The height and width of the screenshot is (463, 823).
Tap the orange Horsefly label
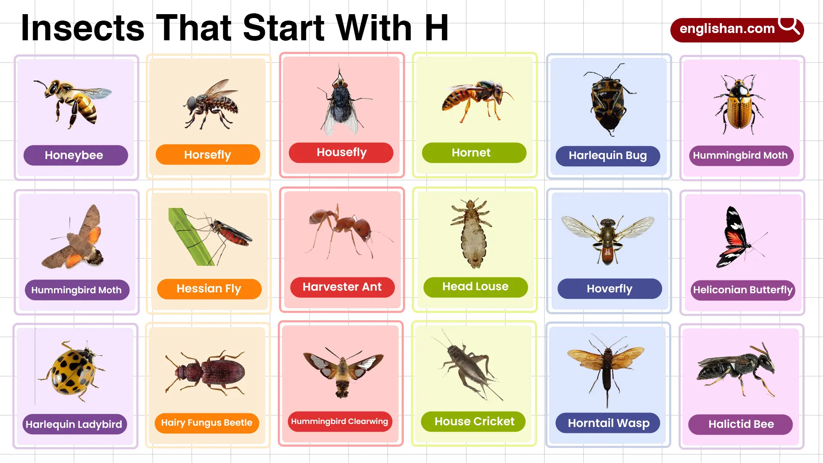coord(208,155)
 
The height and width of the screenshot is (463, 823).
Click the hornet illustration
coord(477,100)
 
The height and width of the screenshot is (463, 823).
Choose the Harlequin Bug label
coord(608,156)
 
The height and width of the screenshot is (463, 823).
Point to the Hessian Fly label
coord(209,289)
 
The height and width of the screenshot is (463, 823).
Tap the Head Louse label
coord(475,287)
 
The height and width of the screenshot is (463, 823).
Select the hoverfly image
coord(608,239)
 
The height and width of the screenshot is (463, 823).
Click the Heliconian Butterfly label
coord(743,290)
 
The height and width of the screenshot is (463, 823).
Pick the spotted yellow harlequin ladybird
coord(72,372)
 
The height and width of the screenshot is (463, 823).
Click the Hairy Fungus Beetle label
coord(207,423)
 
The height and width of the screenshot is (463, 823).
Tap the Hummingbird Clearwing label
coord(339,421)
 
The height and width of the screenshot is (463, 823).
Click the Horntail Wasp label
coord(609,423)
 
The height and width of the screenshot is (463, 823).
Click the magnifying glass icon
coord(789,25)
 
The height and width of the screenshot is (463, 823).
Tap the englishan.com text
coord(727,29)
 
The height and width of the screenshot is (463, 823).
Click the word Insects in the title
coord(83,28)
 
